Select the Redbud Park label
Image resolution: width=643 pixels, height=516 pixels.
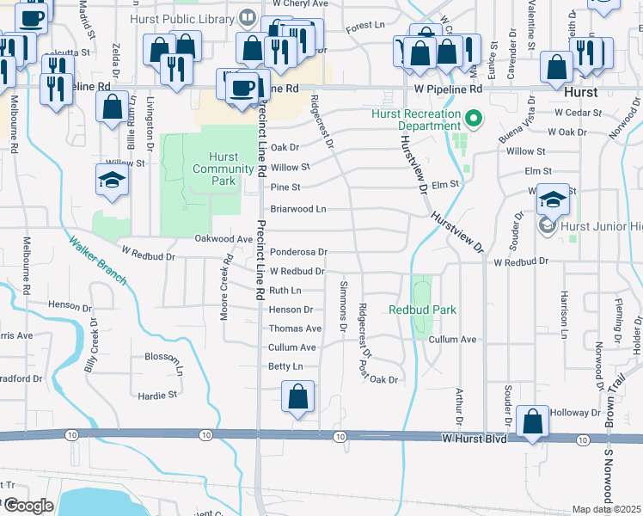(x=422, y=310)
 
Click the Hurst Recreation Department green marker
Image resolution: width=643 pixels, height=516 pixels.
(x=472, y=117)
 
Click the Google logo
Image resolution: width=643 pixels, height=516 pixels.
(x=28, y=506)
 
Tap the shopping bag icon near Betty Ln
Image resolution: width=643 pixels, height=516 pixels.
(x=297, y=397)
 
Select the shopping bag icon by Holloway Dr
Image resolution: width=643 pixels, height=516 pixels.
(x=533, y=422)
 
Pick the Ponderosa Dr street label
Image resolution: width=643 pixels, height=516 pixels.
(x=298, y=252)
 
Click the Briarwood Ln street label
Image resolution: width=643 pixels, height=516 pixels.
(x=298, y=209)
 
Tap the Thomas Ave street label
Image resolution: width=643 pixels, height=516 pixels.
(x=295, y=329)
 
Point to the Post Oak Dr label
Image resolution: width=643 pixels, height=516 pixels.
(x=380, y=379)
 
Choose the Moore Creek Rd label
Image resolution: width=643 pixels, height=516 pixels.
(x=226, y=287)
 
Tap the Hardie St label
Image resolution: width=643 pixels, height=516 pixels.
(x=156, y=396)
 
